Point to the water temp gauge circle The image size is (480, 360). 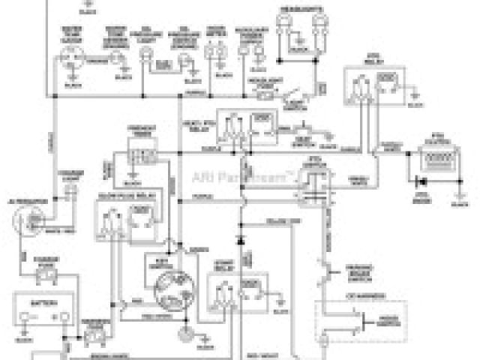[x=71, y=56]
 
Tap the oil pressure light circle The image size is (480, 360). [x=145, y=55]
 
